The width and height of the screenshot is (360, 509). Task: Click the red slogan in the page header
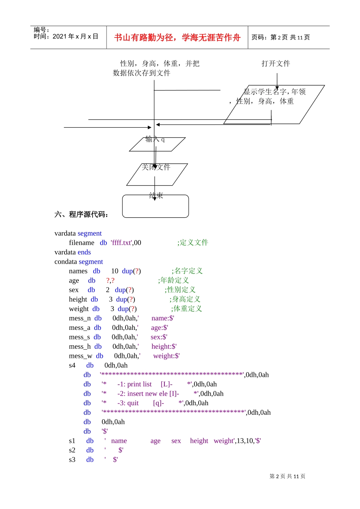(x=177, y=37)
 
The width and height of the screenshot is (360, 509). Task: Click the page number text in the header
(x=280, y=37)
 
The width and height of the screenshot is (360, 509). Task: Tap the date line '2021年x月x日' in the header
(x=66, y=36)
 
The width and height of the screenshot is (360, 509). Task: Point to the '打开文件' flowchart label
(x=275, y=64)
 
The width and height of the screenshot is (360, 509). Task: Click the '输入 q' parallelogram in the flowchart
(x=157, y=144)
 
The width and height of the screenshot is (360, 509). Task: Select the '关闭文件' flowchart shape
(x=157, y=174)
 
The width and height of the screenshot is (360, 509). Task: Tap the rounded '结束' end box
(x=155, y=206)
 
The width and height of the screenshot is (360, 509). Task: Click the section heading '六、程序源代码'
(x=81, y=214)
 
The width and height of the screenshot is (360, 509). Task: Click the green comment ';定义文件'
(x=193, y=242)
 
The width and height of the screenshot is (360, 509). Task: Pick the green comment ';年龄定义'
(x=173, y=280)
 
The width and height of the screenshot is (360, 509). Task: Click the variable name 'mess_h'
(x=80, y=347)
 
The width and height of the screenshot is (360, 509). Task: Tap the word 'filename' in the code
(x=81, y=243)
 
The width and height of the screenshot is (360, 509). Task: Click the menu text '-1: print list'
(x=134, y=384)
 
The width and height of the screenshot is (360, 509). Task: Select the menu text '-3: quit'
(x=128, y=403)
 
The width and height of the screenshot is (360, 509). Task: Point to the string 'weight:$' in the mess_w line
(x=166, y=356)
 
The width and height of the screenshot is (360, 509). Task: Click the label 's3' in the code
(x=72, y=460)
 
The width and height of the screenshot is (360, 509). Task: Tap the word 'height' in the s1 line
(x=199, y=441)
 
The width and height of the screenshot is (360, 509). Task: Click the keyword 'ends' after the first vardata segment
(x=84, y=252)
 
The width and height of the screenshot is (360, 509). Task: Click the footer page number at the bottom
(x=287, y=476)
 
